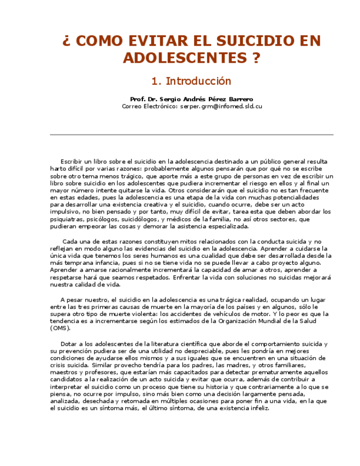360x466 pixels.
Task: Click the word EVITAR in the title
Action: tap(152, 41)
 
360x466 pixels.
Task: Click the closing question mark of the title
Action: tap(255, 58)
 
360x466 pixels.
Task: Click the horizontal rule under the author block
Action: tap(191, 135)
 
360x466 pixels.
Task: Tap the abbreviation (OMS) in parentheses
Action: tap(60, 328)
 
